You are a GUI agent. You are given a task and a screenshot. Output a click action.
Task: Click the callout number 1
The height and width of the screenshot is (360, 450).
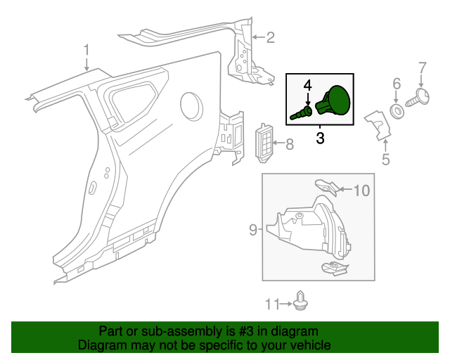coord(86,50)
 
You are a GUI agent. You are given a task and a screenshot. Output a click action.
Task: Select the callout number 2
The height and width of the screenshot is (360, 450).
coord(270,38)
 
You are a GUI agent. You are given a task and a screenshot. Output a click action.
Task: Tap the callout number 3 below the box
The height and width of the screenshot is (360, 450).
coord(320,138)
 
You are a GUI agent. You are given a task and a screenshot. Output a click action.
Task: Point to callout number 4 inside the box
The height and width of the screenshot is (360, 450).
coord(307,86)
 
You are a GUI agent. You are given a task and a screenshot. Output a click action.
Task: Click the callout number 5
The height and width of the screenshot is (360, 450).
coord(385,160)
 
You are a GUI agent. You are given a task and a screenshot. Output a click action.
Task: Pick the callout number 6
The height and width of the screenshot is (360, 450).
coord(397,84)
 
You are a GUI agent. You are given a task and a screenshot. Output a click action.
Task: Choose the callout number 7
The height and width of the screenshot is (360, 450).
coord(423,68)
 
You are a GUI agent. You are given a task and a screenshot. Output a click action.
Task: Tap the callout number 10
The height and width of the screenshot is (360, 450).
coord(361,189)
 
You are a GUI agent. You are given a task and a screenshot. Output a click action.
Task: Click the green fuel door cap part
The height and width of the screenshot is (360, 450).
coord(336,102)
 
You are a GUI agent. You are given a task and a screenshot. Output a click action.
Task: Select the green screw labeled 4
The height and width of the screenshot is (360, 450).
coord(302,112)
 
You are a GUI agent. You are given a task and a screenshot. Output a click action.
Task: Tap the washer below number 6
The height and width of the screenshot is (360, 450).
coord(397,111)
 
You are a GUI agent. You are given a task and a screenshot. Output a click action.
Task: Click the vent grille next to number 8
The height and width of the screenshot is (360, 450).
coord(264,143)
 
